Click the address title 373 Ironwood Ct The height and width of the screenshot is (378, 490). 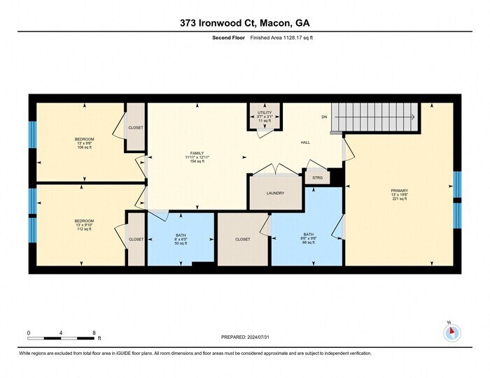pos(244,23)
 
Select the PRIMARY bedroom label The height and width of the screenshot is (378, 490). pos(400,194)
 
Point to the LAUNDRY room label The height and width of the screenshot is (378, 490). pos(275,194)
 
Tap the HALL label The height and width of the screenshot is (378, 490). pos(305,142)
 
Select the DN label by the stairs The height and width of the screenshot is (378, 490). pos(323,117)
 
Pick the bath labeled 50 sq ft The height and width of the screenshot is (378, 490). pos(180,239)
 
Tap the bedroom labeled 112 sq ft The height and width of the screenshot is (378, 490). pos(84,224)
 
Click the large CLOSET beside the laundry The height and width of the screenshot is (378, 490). pos(242,239)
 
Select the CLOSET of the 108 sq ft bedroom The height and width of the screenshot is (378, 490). pos(135,128)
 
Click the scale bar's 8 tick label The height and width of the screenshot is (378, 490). pos(94,333)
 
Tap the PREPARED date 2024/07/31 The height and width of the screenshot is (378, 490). pos(244,337)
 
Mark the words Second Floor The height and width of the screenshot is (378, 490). pos(227,38)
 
